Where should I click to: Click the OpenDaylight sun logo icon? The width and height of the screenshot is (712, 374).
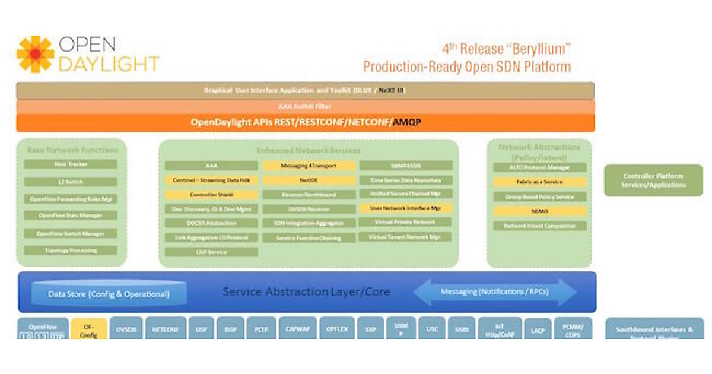click(x=36, y=54)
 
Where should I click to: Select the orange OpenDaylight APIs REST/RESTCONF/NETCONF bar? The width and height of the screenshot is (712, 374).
click(x=305, y=123)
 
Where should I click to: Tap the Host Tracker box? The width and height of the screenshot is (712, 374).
click(x=71, y=164)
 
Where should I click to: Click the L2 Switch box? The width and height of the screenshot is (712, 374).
click(x=71, y=182)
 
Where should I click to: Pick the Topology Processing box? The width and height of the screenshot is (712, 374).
click(x=71, y=251)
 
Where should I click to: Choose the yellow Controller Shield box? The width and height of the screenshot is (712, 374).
click(x=211, y=195)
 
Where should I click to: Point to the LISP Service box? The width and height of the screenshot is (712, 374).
click(x=211, y=252)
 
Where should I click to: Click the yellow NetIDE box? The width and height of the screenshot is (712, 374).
click(x=309, y=180)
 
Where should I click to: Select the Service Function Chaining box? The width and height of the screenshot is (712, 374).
click(x=309, y=238)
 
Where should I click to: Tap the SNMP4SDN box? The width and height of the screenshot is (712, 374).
click(x=406, y=166)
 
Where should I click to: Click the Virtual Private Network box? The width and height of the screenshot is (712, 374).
click(x=406, y=222)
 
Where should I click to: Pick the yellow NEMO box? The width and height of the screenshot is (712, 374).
click(x=540, y=211)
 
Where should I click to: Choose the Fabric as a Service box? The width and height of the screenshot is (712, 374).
click(x=540, y=182)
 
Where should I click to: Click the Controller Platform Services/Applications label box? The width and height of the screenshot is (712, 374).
click(x=653, y=180)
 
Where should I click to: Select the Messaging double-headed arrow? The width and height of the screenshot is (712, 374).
click(x=495, y=292)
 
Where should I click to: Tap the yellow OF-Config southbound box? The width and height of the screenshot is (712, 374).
click(x=89, y=329)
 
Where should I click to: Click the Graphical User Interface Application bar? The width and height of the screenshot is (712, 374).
click(x=305, y=91)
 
